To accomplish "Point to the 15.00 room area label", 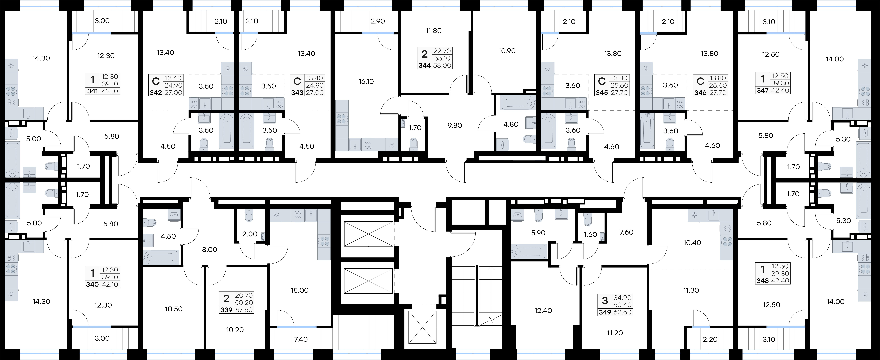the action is click(x=300, y=290).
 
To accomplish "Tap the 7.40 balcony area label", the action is click(x=301, y=339).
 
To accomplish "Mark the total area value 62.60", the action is click(x=622, y=312).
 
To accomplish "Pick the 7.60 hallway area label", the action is click(x=626, y=232).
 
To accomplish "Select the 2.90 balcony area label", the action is click(x=378, y=21).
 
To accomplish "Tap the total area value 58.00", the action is click(x=442, y=65).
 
